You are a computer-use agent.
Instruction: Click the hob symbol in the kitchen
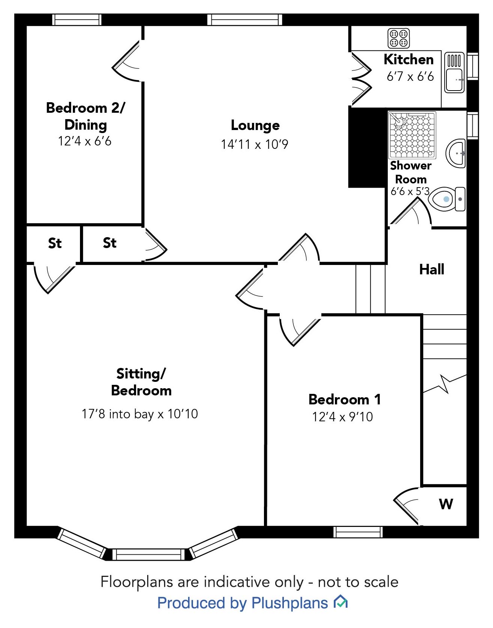(398, 38)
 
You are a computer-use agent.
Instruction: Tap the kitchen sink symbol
(454, 73)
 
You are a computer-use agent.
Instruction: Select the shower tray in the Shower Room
(412, 135)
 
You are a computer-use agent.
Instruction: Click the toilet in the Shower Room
(447, 199)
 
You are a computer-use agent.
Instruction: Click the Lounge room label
(255, 125)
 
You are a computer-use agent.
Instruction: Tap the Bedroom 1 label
(344, 399)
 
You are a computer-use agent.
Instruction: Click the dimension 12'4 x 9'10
(342, 417)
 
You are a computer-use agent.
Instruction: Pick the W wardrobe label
(446, 504)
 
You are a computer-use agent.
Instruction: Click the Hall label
(431, 269)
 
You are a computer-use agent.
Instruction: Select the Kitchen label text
(409, 59)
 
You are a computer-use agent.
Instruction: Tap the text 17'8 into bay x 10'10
(140, 414)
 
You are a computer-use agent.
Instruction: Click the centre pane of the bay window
(149, 554)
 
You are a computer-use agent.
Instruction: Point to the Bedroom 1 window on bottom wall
(358, 532)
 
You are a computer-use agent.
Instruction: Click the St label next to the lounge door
(110, 243)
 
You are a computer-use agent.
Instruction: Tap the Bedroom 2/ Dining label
(86, 116)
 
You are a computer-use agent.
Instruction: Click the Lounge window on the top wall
(244, 20)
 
